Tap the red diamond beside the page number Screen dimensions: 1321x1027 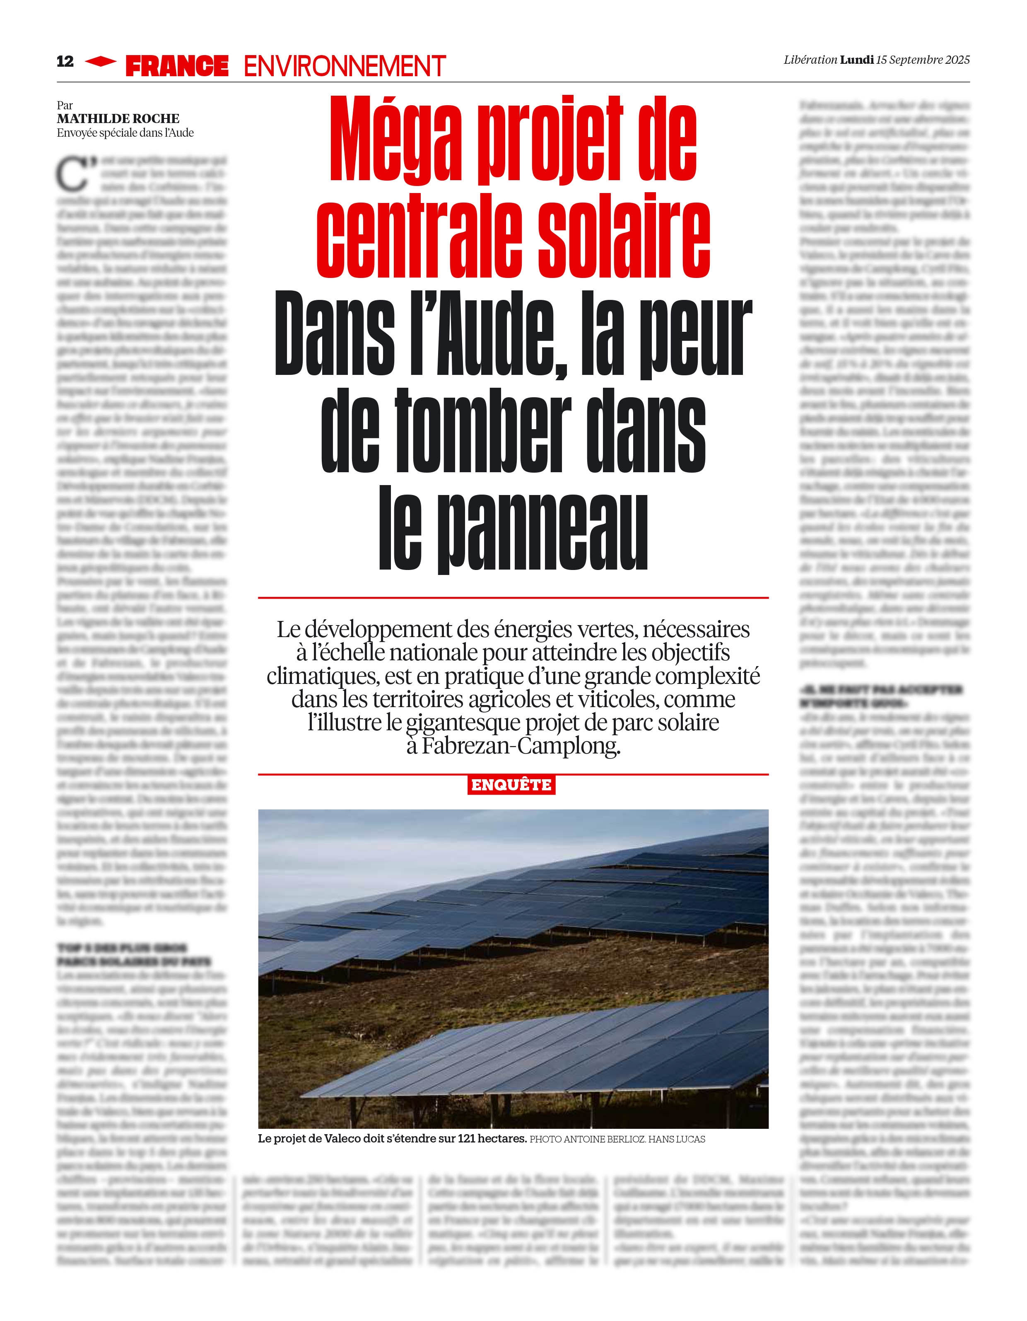pyautogui.click(x=100, y=61)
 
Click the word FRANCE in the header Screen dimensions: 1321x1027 pyautogui.click(x=176, y=66)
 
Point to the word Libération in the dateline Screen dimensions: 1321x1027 pyautogui.click(x=810, y=60)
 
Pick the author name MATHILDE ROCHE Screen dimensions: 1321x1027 pyautogui.click(x=118, y=118)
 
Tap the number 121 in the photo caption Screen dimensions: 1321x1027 pyautogui.click(x=466, y=1138)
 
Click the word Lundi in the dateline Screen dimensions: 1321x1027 pyautogui.click(x=856, y=60)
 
